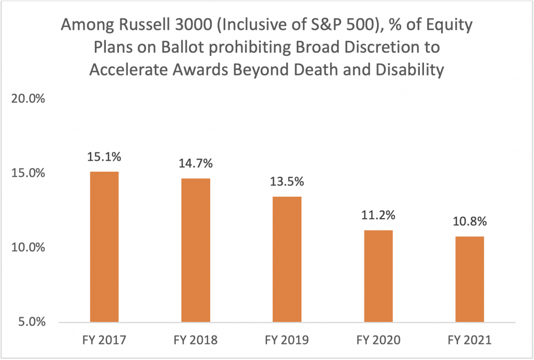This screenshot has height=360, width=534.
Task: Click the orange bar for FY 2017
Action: point(104,246)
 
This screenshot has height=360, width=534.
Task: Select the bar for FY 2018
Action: point(196,250)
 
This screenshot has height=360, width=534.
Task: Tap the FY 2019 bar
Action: point(287,259)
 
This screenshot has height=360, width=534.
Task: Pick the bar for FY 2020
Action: point(378,275)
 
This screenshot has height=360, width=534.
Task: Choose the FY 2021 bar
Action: point(469,279)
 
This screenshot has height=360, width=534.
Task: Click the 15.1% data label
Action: point(104,157)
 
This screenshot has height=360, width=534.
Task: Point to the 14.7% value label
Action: point(196,164)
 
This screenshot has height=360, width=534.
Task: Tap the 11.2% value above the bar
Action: point(378,215)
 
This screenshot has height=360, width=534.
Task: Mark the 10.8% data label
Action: point(469,221)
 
